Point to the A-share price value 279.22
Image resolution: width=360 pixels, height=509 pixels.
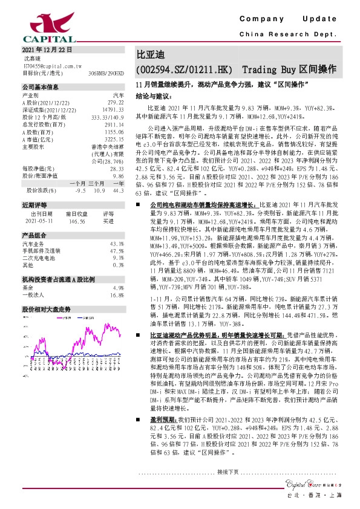[x=115, y=103]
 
